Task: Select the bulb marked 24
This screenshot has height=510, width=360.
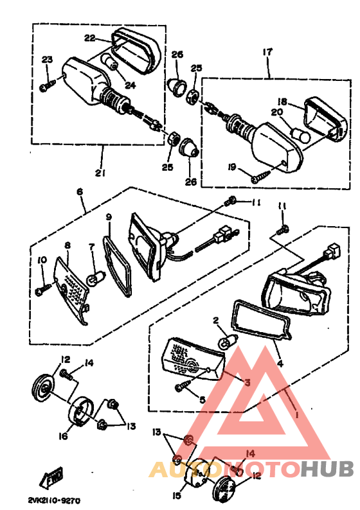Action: coord(110,61)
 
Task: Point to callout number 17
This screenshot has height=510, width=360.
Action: coord(267,52)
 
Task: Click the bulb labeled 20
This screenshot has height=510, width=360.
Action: coord(300,134)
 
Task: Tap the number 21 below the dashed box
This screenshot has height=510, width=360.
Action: coord(100,173)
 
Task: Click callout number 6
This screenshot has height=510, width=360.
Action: coord(80,191)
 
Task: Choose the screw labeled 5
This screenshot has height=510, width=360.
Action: coord(183,386)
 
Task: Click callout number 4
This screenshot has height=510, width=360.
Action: coord(280,363)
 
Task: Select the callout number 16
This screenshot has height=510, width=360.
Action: coord(64,435)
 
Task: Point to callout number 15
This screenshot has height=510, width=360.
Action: coord(177,496)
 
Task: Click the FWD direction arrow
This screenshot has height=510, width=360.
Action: coord(51,477)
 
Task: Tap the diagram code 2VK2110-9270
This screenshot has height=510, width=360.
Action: coord(53,500)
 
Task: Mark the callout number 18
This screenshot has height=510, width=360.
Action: coord(282,102)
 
